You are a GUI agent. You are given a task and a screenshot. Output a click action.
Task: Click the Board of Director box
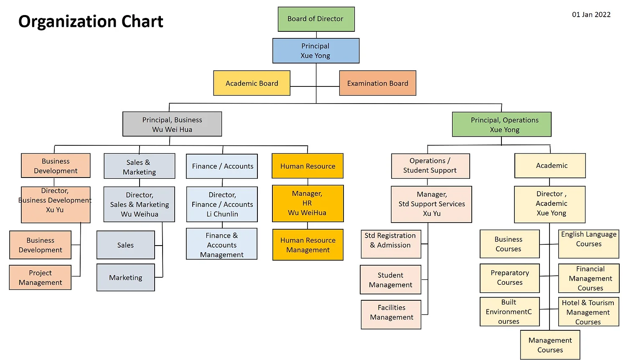coord(316,19)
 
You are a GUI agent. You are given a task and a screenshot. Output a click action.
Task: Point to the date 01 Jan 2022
coord(591,15)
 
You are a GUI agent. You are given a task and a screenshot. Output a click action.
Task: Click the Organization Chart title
coord(91,21)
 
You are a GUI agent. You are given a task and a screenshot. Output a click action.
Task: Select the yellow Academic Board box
coord(252,83)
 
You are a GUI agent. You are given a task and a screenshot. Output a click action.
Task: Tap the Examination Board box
coord(377,83)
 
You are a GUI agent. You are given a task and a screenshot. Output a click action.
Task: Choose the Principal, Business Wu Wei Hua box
coord(172,124)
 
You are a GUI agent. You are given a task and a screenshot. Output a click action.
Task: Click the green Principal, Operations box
coord(501,124)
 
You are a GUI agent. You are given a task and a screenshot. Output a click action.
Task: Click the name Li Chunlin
coord(222,214)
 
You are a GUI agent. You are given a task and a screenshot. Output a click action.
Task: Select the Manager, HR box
coord(308,203)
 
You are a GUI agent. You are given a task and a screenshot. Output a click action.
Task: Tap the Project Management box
coord(40,278)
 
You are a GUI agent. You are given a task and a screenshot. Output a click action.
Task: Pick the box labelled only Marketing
coord(125,278)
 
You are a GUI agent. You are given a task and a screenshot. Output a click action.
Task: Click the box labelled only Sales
coord(125,245)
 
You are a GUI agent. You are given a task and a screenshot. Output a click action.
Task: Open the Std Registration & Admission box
coord(391,244)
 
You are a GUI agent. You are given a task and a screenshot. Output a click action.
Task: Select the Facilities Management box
coord(391,312)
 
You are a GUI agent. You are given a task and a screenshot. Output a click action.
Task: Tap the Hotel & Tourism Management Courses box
coord(588,312)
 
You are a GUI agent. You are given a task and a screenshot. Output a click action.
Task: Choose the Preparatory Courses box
coord(509,278)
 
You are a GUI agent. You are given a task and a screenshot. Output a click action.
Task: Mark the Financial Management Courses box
coord(589,279)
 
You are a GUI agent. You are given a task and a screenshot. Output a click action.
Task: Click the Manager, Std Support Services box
coord(431,204)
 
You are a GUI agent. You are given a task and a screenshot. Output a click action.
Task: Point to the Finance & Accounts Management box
coord(221,244)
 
